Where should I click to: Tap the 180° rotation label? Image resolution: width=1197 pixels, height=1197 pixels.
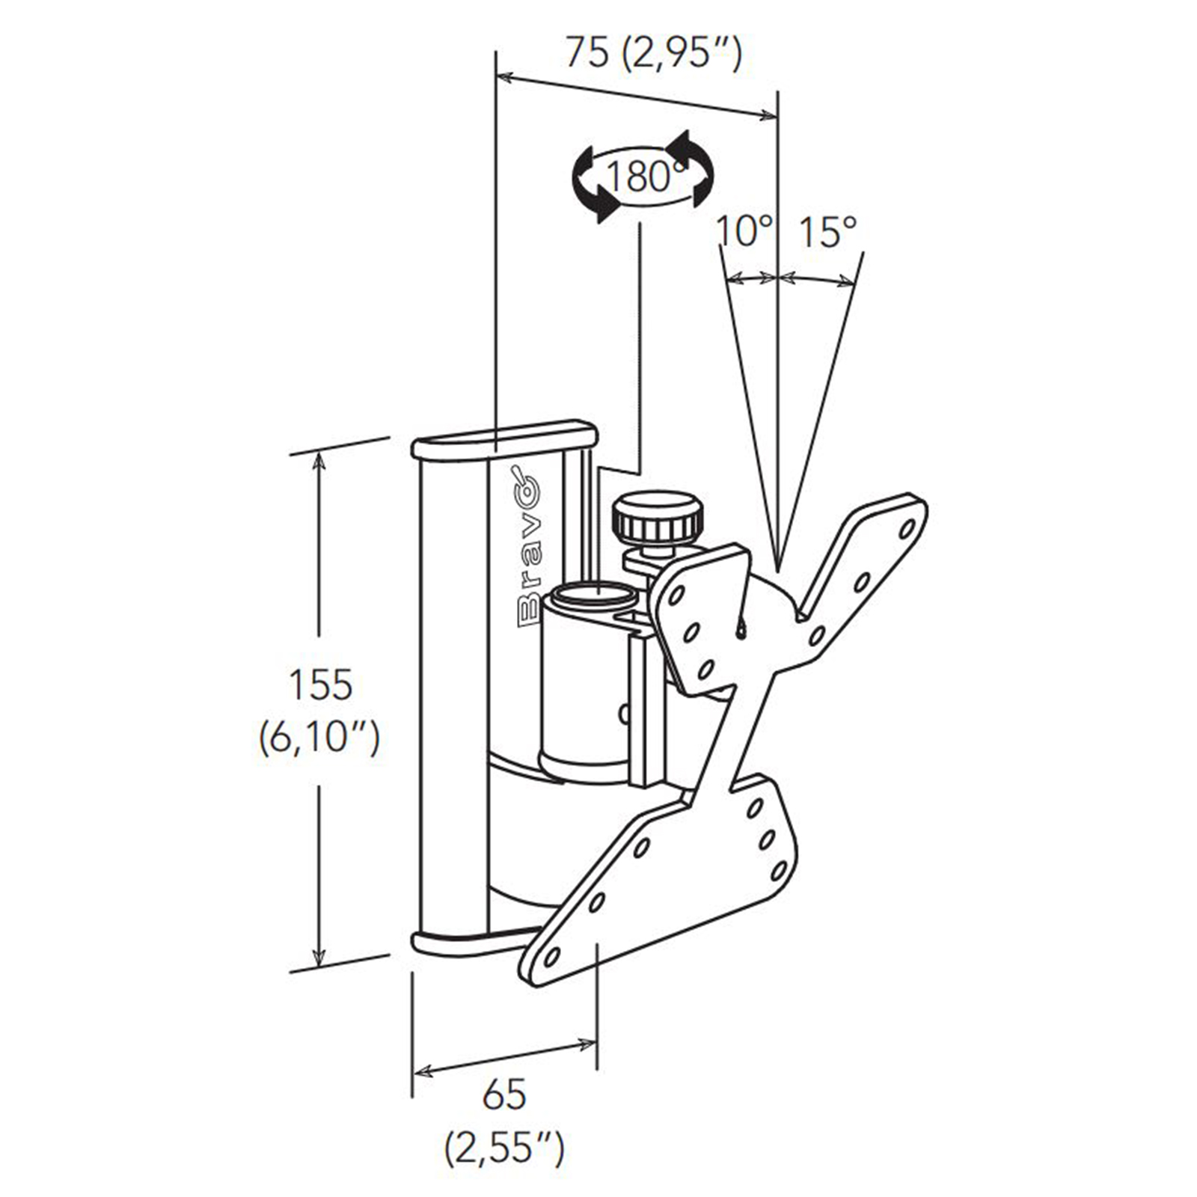(644, 177)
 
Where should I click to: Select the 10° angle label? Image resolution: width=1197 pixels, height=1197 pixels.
(744, 231)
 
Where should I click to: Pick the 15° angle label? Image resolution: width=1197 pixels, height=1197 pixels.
(826, 231)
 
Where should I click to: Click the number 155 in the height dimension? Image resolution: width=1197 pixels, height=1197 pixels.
(320, 685)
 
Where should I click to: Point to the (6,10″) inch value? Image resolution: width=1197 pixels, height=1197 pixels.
(319, 738)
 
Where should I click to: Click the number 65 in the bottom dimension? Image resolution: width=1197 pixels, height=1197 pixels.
(504, 1095)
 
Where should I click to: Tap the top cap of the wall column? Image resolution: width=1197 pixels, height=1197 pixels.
(504, 439)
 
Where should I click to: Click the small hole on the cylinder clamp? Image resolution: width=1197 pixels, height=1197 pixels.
(622, 714)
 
